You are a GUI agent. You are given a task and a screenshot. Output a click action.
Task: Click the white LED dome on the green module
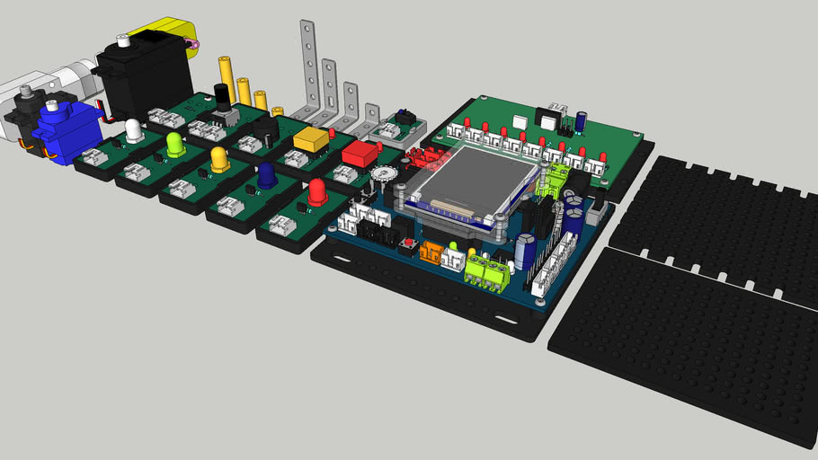click(134, 131)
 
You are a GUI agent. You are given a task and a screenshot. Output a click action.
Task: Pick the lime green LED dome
click(175, 143)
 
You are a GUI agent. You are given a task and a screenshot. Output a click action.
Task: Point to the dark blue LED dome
click(267, 176)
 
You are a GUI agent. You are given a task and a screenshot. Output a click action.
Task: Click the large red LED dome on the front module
click(317, 191)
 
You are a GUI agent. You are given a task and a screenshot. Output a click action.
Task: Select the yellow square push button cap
click(310, 139)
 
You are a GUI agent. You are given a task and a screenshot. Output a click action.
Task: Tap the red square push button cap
click(360, 152)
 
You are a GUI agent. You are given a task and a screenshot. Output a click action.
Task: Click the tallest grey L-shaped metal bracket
click(309, 67)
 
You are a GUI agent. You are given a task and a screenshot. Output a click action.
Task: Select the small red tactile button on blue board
click(410, 245)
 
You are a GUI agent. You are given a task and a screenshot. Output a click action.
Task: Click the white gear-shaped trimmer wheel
click(385, 174)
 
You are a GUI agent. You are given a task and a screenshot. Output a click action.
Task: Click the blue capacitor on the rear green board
click(582, 119)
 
